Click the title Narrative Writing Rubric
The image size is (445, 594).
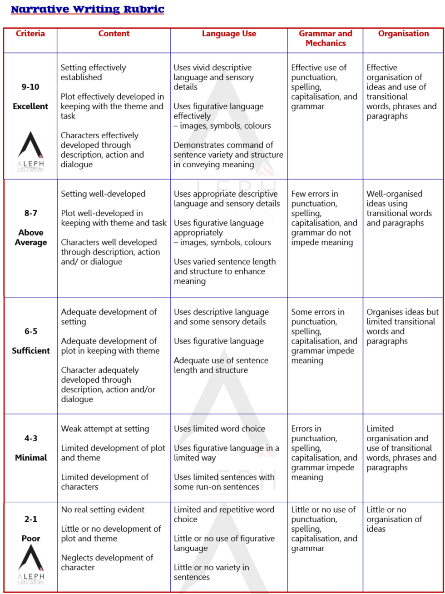point(87,10)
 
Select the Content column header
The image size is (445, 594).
point(114,34)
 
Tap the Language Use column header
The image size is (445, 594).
point(229,34)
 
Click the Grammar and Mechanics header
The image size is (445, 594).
point(325,38)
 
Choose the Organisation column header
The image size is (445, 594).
point(403,34)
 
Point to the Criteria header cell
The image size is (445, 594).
point(30,34)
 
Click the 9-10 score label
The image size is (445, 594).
point(30,87)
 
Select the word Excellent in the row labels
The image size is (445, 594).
point(30,106)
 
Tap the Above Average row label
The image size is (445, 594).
point(30,237)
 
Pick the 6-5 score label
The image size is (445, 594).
point(30,331)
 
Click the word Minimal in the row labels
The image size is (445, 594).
point(30,458)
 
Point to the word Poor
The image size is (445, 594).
point(30,539)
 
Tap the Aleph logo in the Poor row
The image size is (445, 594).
point(30,564)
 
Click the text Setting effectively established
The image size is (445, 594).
point(93,72)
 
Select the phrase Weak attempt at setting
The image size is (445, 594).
point(105,429)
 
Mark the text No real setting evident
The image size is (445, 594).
point(103,509)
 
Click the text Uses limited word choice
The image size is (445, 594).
point(219,429)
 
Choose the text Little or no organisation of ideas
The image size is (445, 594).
point(394,519)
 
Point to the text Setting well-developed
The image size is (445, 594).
point(103,194)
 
